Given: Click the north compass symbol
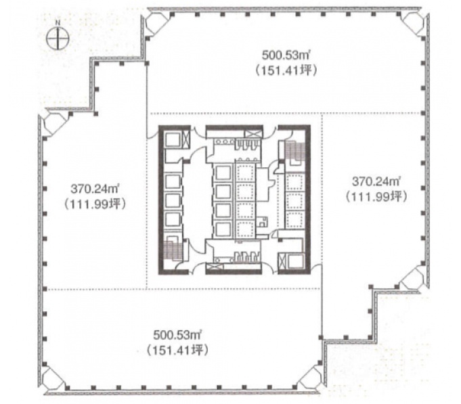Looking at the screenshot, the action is [x=58, y=38].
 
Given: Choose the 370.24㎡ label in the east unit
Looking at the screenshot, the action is [x=376, y=181].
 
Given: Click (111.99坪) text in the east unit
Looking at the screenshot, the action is [x=376, y=196].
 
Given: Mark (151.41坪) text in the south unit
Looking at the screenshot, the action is [x=177, y=350].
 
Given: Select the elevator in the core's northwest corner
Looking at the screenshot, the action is [x=173, y=139].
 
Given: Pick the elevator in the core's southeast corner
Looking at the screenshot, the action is [x=296, y=261].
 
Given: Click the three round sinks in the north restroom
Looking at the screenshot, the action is [x=225, y=141].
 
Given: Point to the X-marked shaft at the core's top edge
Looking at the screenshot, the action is [x=253, y=133].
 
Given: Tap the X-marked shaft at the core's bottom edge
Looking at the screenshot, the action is [x=215, y=267].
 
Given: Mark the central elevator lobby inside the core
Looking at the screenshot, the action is [x=198, y=200].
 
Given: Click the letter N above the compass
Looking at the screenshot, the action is [x=58, y=22].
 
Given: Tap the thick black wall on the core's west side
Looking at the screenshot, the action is [x=160, y=200].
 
